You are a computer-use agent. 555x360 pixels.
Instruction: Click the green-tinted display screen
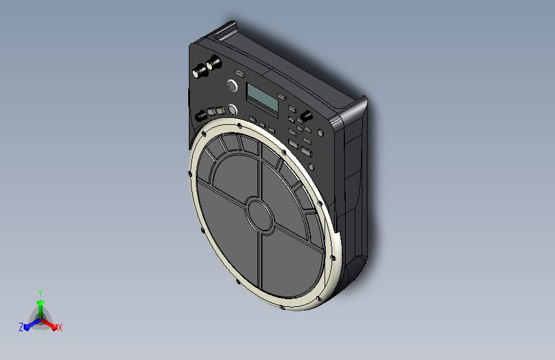pyautogui.click(x=262, y=97)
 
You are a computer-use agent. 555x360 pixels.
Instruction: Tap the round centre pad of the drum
pyautogui.click(x=260, y=215)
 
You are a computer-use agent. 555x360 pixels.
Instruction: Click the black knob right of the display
pyautogui.click(x=306, y=116)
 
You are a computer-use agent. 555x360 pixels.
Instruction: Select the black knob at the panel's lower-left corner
pyautogui.click(x=201, y=115)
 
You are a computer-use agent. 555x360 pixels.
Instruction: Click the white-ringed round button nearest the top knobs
pyautogui.click(x=232, y=85)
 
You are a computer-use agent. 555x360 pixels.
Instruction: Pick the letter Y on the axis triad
pyautogui.click(x=40, y=293)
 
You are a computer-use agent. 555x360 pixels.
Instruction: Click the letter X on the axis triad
pyautogui.click(x=60, y=328)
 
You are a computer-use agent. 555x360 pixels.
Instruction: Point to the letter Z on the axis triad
pyautogui.click(x=21, y=327)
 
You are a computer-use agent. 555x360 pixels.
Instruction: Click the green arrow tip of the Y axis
pyautogui.click(x=41, y=302)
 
